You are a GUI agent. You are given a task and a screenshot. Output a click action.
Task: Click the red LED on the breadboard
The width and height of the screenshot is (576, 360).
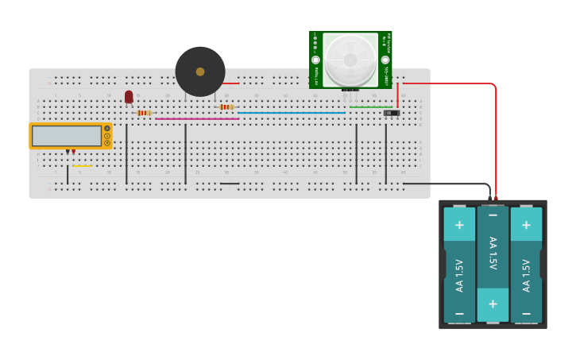tap(129, 96)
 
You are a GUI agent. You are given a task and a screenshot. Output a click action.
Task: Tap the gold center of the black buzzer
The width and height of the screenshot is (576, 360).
tap(200, 72)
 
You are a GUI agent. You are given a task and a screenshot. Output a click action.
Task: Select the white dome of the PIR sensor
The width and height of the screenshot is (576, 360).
tap(350, 60)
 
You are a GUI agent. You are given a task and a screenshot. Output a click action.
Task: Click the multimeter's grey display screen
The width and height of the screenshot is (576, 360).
tap(68, 136)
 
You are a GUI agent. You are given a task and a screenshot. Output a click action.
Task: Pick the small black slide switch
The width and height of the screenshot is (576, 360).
tap(391, 113)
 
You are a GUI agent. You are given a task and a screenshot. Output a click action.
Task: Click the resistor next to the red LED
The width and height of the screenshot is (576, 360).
tap(144, 113)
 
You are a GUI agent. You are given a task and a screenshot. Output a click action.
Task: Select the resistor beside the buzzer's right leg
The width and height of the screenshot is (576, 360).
tap(227, 107)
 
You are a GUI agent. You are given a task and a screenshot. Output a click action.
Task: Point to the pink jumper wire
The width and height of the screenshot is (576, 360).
tap(197, 119)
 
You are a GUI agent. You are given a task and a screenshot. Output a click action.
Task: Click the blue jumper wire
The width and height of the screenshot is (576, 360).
tap(291, 113)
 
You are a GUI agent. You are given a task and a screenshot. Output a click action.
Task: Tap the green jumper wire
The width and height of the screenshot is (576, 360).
tap(370, 107)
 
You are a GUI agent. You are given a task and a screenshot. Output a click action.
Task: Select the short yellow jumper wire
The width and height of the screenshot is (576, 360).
tap(82, 166)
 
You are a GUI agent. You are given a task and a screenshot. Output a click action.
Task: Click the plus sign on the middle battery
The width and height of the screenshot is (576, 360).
tap(493, 304)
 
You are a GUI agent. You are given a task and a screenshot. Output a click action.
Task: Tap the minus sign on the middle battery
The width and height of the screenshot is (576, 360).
tap(493, 215)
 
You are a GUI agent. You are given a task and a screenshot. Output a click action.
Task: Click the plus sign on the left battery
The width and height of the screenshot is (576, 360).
tap(459, 225)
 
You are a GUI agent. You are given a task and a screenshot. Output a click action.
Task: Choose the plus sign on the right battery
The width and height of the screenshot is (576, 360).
tap(526, 225)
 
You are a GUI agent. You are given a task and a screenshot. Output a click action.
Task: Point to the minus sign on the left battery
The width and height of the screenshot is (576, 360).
tap(459, 314)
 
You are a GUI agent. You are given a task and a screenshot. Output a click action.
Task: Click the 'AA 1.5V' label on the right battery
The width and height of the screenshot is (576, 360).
tap(526, 275)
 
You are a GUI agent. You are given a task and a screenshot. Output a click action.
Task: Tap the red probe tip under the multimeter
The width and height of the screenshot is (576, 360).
tap(74, 152)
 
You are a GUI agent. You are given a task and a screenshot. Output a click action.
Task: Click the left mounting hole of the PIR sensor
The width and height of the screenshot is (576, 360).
tap(315, 60)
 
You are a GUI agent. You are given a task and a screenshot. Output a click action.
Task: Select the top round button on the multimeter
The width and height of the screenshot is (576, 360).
tap(107, 129)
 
